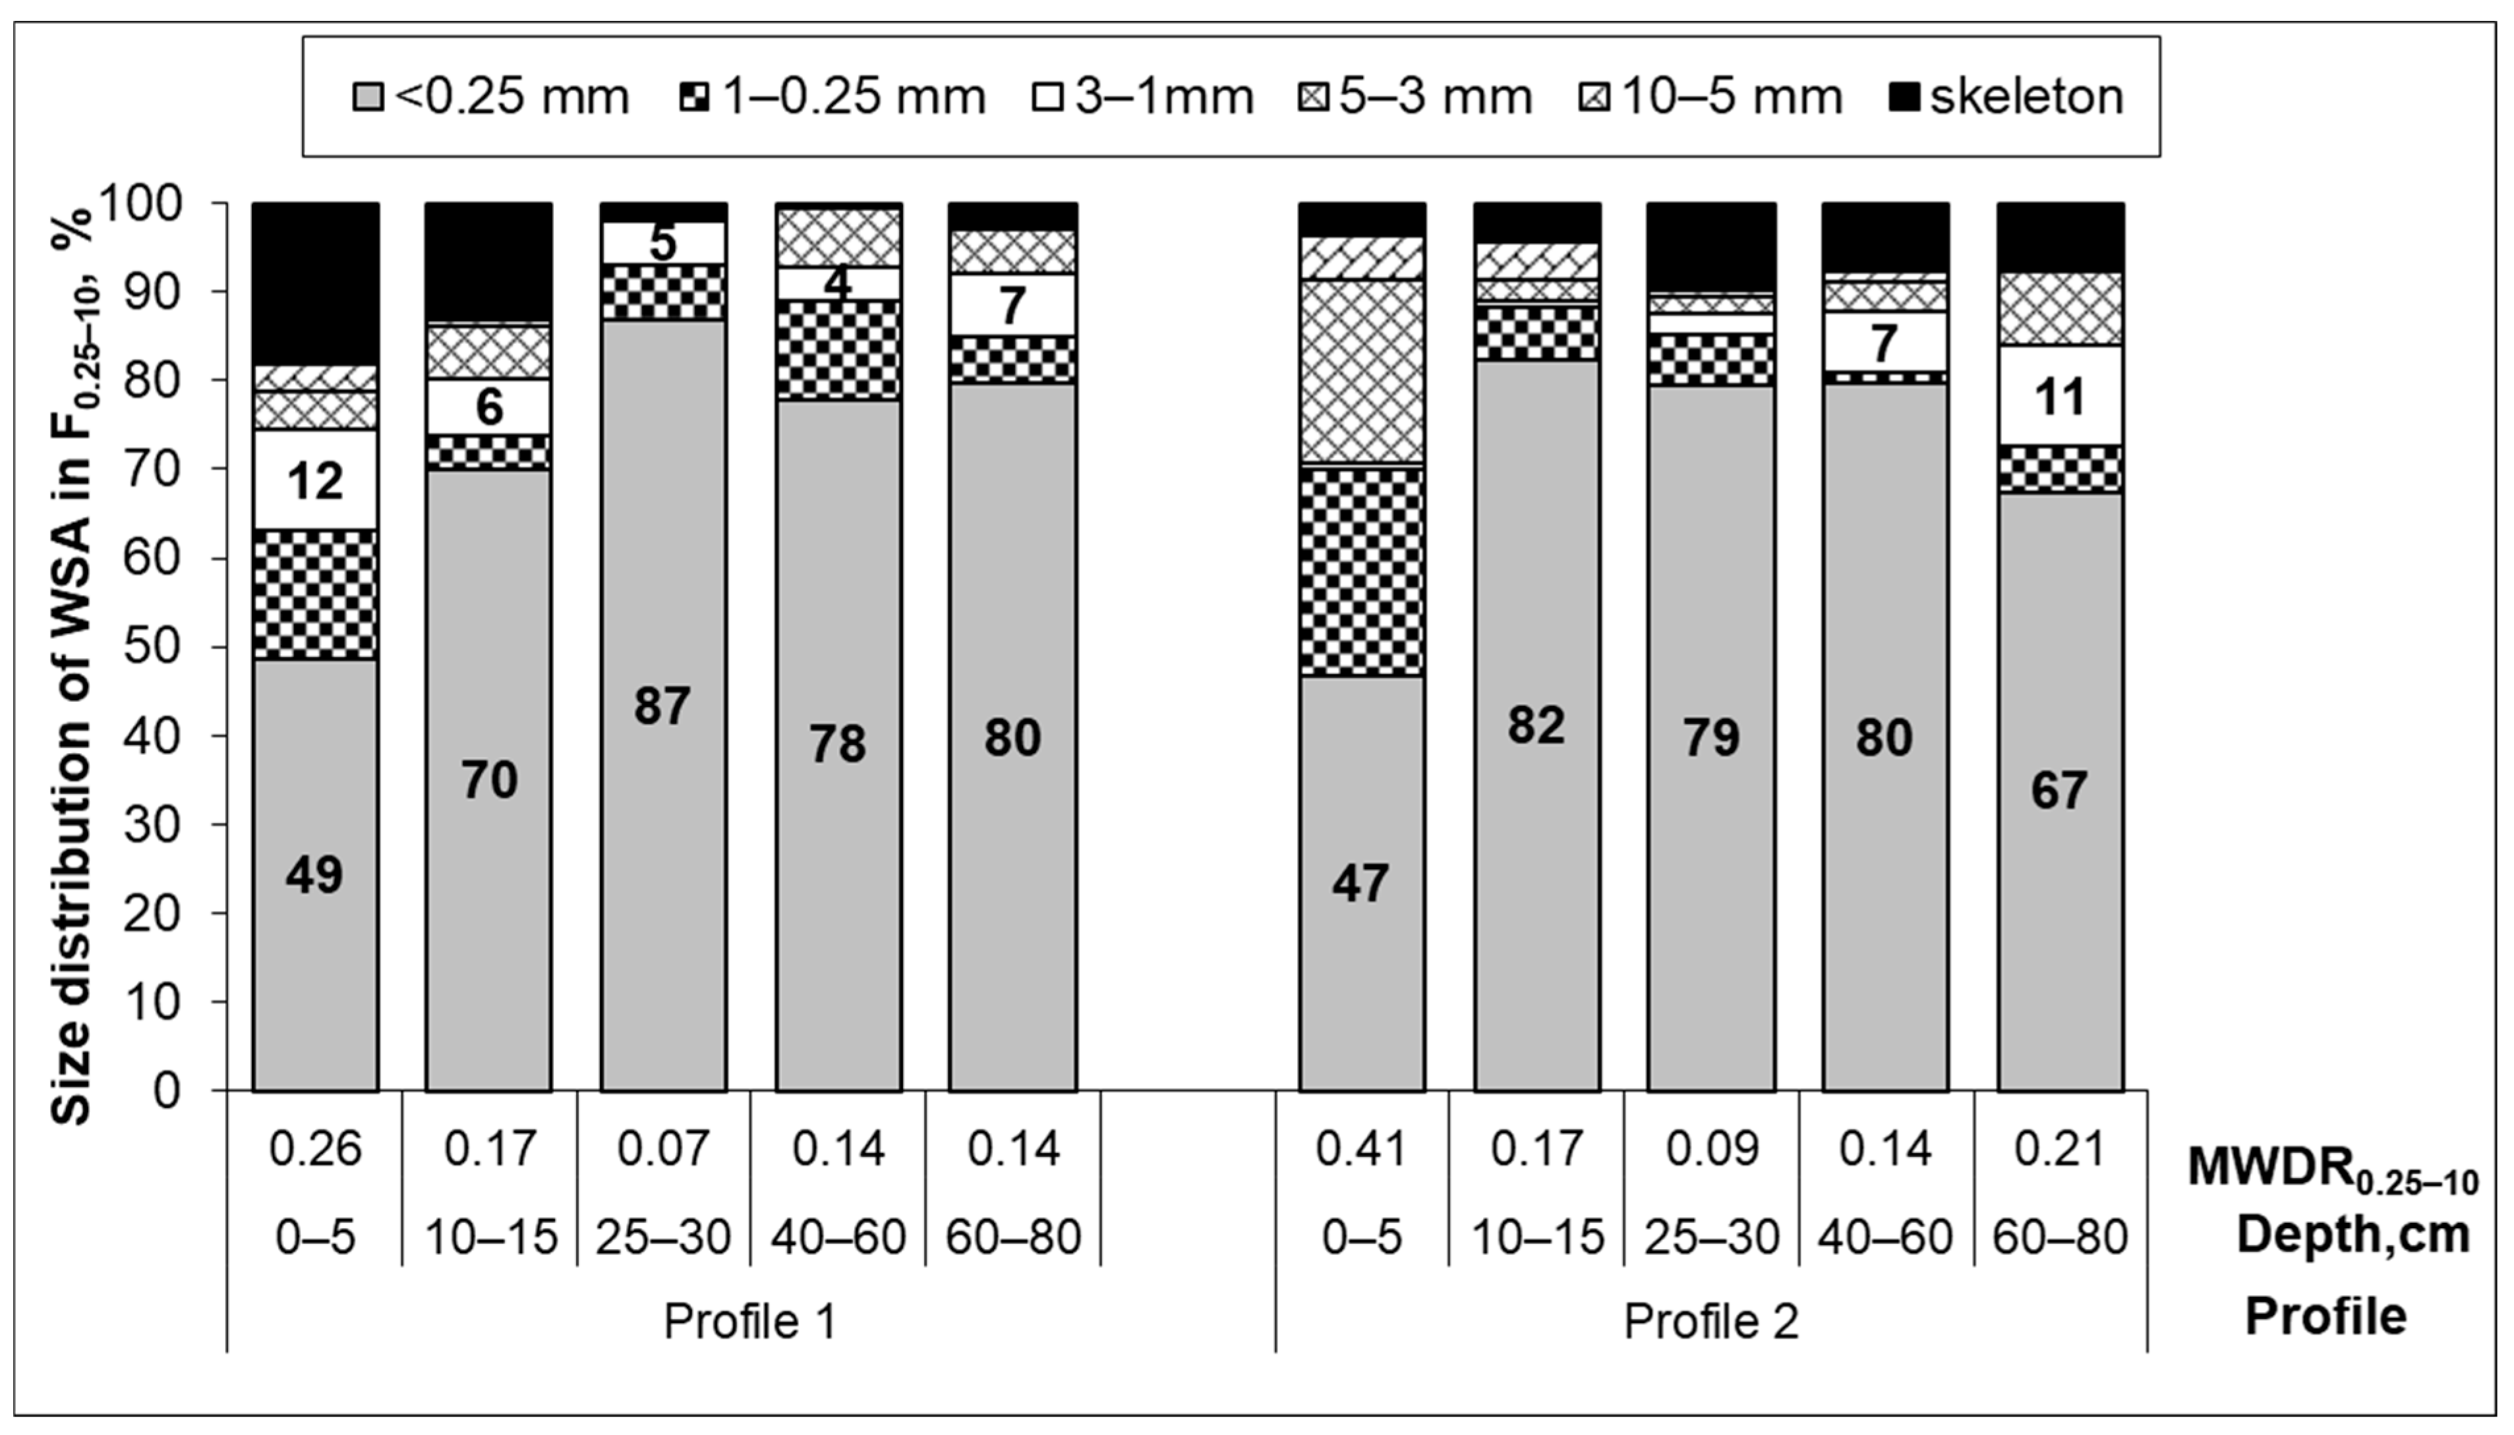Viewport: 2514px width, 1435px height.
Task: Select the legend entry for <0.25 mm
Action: pyautogui.click(x=493, y=98)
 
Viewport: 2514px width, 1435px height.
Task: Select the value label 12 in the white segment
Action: pyautogui.click(x=316, y=481)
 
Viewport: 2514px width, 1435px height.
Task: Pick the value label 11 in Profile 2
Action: pyautogui.click(x=2059, y=398)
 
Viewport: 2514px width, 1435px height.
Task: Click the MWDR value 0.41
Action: pyautogui.click(x=1362, y=1149)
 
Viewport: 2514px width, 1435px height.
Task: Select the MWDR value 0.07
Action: pyautogui.click(x=662, y=1149)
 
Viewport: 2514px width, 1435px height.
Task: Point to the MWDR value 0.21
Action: pyautogui.click(x=2059, y=1149)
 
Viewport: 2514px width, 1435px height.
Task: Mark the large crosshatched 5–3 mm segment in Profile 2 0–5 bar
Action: pyautogui.click(x=1362, y=372)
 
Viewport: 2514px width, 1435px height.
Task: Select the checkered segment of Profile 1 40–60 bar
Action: pyautogui.click(x=838, y=350)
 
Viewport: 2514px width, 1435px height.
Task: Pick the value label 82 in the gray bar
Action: pyautogui.click(x=1536, y=726)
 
